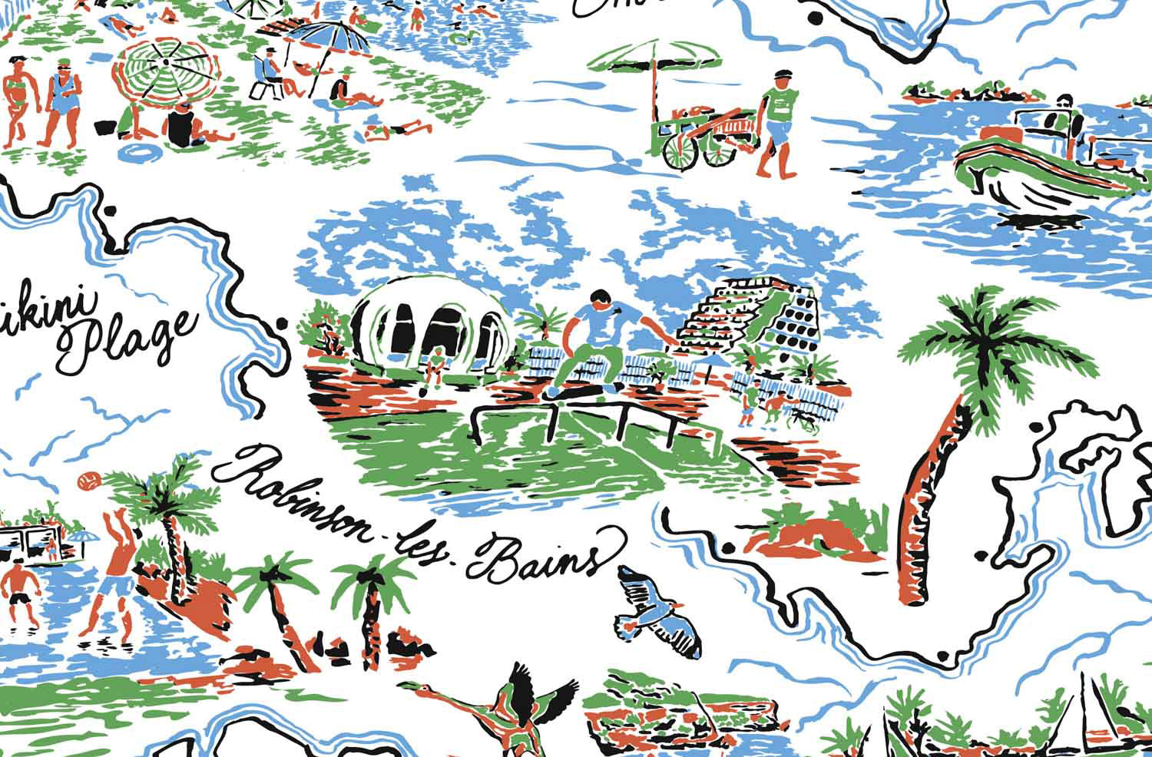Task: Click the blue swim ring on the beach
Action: coord(140,150)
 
